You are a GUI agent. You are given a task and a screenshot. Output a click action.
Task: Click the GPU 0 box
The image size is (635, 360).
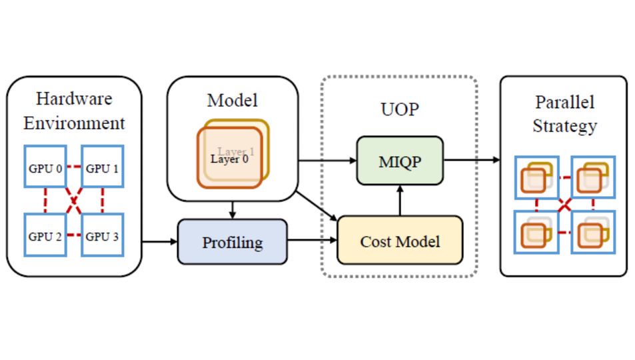coord(45,168)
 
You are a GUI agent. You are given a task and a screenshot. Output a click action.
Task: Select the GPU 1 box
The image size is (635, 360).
coord(103,168)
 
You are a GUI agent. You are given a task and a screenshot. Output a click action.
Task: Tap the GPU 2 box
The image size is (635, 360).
coord(45,235)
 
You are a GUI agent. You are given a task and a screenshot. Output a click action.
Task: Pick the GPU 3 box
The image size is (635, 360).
coord(103,235)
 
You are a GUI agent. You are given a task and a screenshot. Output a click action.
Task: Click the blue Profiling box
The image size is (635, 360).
coord(232,242)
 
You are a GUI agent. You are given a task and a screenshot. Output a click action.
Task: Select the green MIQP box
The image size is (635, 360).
coord(400,161)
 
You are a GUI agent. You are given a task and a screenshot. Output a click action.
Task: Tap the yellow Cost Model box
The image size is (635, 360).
coord(400,241)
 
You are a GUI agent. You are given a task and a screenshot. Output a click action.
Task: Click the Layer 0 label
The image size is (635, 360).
coord(229,159)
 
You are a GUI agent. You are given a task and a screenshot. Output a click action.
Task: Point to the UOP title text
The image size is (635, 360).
coord(400,109)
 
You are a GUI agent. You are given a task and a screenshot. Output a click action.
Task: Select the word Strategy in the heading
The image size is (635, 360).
coord(564,126)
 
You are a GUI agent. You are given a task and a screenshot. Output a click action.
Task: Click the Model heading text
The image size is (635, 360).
coord(232,101)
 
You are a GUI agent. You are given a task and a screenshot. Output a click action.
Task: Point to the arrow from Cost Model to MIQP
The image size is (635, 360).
coord(400,200)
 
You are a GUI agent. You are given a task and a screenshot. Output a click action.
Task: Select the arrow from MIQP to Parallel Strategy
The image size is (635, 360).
coord(472,160)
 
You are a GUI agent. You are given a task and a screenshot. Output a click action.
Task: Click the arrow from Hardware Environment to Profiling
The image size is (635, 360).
coord(159,241)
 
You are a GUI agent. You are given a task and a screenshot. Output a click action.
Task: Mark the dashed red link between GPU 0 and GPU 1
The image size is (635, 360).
coord(73,167)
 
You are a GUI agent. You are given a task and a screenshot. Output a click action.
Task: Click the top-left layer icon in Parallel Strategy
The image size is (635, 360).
coord(536,177)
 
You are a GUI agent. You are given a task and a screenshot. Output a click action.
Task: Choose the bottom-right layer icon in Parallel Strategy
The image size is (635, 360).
coord(592,233)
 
